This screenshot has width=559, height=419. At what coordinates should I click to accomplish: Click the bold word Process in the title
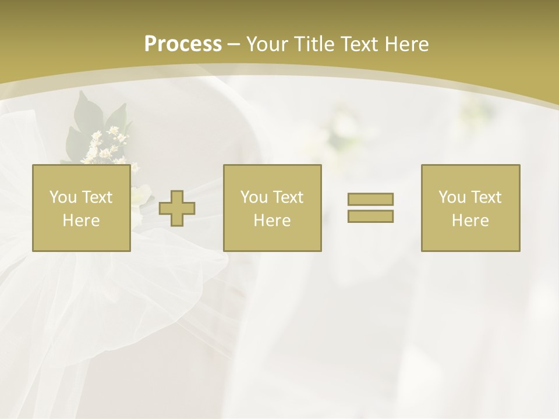click(x=183, y=44)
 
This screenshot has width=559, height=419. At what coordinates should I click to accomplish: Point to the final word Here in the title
click(x=406, y=44)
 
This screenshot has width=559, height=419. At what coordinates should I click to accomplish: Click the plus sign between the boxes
click(x=177, y=208)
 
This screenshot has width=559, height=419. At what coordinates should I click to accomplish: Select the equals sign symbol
click(x=370, y=208)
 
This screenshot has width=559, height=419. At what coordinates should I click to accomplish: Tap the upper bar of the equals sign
click(x=370, y=200)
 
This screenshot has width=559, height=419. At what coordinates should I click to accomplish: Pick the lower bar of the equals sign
click(x=370, y=216)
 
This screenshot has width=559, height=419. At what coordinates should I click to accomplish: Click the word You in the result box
click(x=452, y=197)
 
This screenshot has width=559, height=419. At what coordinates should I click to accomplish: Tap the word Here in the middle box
click(x=272, y=221)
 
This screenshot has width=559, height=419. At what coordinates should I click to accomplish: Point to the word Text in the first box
click(x=97, y=197)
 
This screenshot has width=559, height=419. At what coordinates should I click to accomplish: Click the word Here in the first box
click(x=81, y=221)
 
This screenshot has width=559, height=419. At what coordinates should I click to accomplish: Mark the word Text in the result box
click(x=486, y=197)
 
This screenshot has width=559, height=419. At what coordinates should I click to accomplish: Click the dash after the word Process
click(x=233, y=45)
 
